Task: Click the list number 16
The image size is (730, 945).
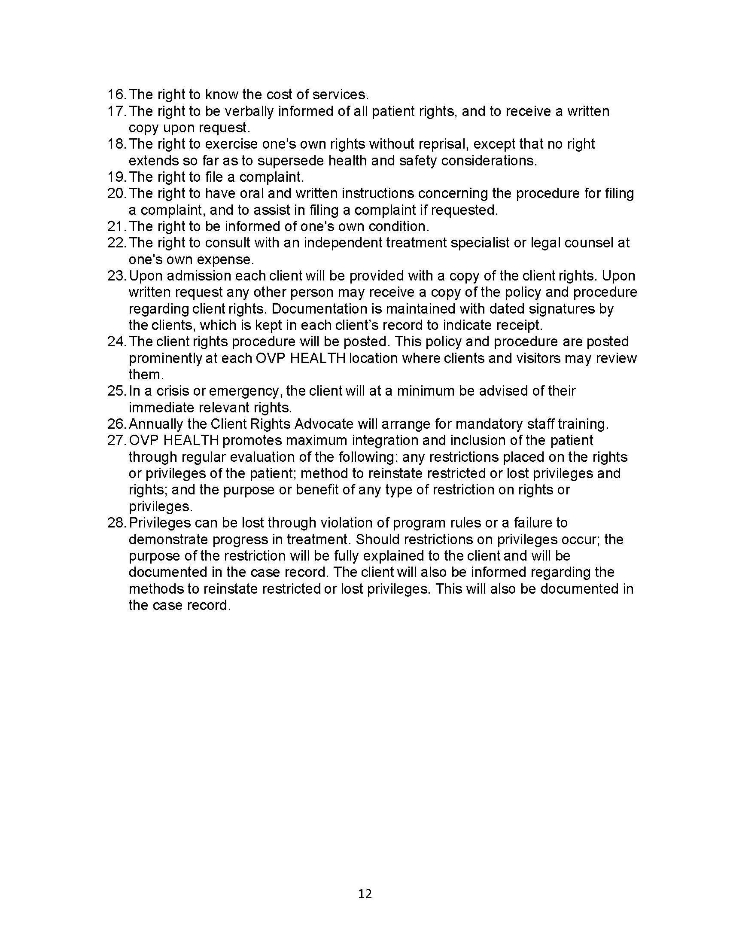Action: pyautogui.click(x=116, y=94)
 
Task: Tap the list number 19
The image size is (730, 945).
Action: pyautogui.click(x=116, y=177)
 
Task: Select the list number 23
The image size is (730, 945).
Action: pyautogui.click(x=116, y=276)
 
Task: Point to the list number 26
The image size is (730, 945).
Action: pyautogui.click(x=116, y=424)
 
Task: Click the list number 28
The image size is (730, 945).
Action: pyautogui.click(x=116, y=523)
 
